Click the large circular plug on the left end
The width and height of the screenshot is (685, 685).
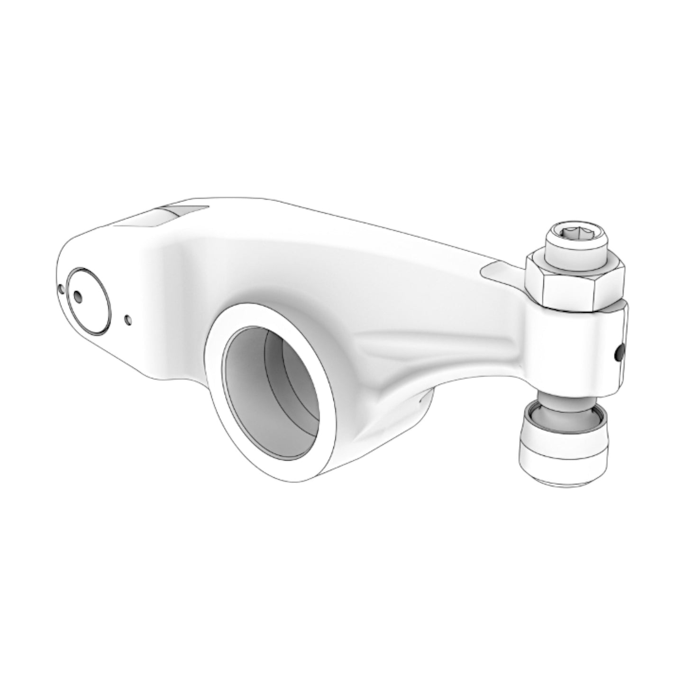[88, 301]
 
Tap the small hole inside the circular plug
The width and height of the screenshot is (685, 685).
[78, 297]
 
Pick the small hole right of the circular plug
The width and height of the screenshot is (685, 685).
[127, 320]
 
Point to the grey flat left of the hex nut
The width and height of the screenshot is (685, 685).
[500, 273]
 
